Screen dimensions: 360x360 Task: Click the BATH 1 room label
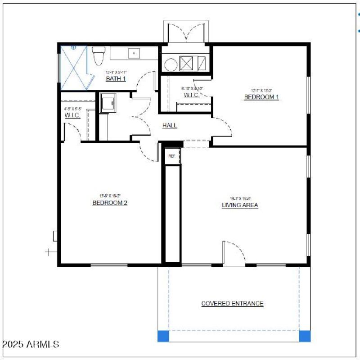tap(116, 79)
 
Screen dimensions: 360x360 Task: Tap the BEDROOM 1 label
tap(261, 97)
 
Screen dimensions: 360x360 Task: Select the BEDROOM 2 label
tap(110, 203)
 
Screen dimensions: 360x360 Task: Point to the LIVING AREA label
tap(240, 205)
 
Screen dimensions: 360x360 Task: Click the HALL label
tap(170, 126)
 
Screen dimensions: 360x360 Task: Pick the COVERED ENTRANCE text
tap(232, 304)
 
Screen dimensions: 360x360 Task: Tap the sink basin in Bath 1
tap(134, 53)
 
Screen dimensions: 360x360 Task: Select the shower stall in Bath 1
tap(73, 67)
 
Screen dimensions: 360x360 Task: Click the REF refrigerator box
tap(171, 156)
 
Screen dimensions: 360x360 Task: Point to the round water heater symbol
tap(170, 65)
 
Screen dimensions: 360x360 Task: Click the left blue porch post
tap(163, 336)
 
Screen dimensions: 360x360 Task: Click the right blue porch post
tap(305, 336)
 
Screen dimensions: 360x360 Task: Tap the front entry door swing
tap(233, 253)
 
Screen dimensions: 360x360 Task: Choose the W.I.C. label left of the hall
tap(72, 115)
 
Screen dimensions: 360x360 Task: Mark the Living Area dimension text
tap(240, 198)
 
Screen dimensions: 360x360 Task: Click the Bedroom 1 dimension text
tap(261, 90)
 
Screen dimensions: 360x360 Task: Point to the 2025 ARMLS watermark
tap(31, 345)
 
